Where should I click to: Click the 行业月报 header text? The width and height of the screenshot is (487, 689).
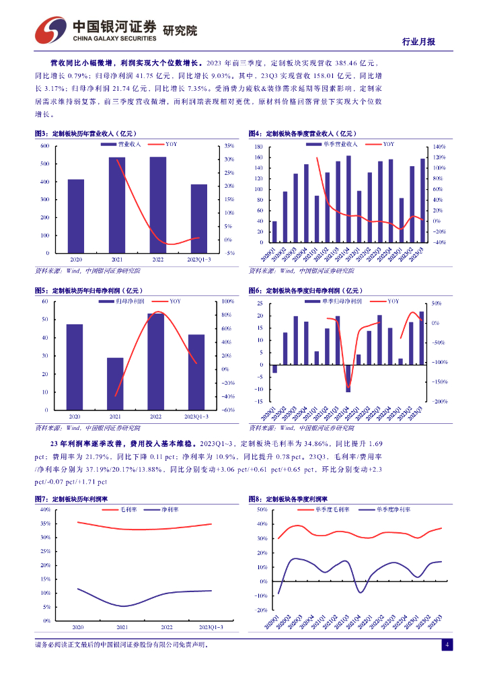(x=418, y=41)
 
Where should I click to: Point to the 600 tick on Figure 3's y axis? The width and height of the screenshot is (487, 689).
(x=44, y=146)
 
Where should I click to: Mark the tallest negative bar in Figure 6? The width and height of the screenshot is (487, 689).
(x=348, y=378)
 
